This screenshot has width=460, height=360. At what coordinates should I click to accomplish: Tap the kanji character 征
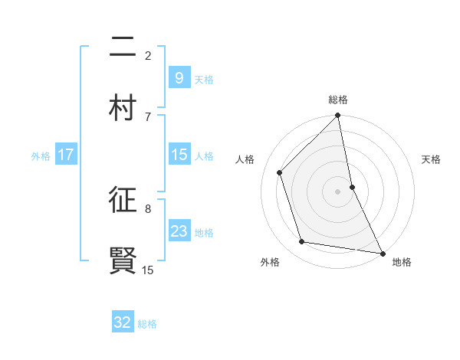pyautogui.click(x=123, y=201)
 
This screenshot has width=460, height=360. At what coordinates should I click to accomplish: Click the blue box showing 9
pyautogui.click(x=179, y=77)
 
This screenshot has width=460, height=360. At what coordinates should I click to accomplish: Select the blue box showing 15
pyautogui.click(x=179, y=155)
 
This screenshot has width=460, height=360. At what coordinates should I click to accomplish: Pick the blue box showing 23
pyautogui.click(x=179, y=231)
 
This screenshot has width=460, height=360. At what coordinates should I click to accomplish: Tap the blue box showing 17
pyautogui.click(x=65, y=155)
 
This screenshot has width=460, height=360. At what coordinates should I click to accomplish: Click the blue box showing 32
pyautogui.click(x=123, y=322)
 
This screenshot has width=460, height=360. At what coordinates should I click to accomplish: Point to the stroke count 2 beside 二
pyautogui.click(x=148, y=55)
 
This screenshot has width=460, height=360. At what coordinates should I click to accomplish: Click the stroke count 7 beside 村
pyautogui.click(x=148, y=116)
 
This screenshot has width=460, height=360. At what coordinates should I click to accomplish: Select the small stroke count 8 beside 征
pyautogui.click(x=148, y=208)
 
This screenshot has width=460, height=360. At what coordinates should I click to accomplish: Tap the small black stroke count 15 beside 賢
pyautogui.click(x=148, y=270)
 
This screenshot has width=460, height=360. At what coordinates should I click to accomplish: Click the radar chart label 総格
pyautogui.click(x=338, y=100)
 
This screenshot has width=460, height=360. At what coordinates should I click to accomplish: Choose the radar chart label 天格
pyautogui.click(x=432, y=159)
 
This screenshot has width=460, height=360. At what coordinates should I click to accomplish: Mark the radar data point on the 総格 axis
pyautogui.click(x=338, y=116)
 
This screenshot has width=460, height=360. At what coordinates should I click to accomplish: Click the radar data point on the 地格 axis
pyautogui.click(x=382, y=252)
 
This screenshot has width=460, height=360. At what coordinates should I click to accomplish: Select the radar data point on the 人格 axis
pyautogui.click(x=280, y=172)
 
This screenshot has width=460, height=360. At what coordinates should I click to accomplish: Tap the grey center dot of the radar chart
pyautogui.click(x=338, y=191)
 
